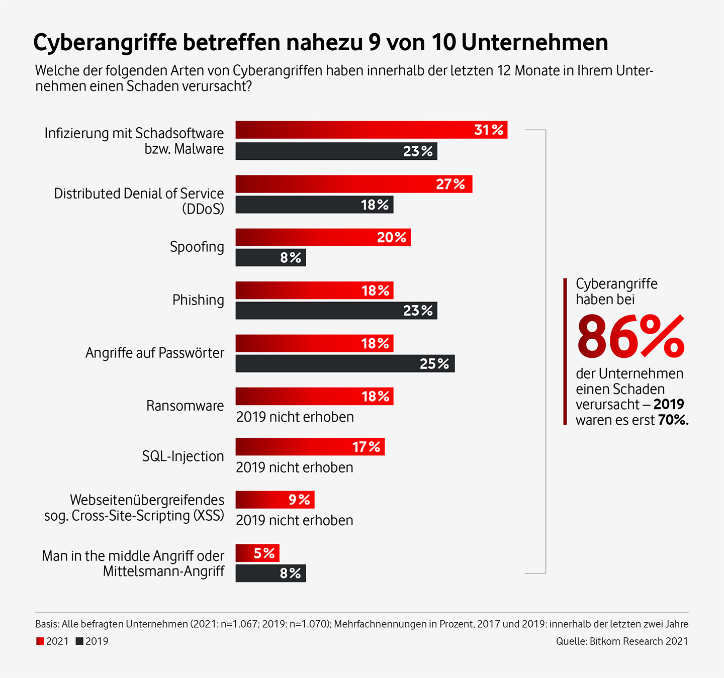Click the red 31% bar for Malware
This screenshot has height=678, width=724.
coord(371,130)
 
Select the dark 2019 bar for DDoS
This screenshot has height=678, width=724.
coord(314,205)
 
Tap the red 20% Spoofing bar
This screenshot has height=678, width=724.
coord(323,237)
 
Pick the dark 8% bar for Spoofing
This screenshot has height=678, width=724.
coord(270,258)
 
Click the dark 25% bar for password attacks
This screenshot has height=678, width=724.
coord(345,363)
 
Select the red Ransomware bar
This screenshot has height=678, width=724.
coord(314,397)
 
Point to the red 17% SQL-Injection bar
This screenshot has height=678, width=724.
coord(310,447)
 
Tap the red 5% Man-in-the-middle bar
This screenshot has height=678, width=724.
coord(257,553)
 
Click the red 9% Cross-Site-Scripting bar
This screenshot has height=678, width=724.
coord(275,500)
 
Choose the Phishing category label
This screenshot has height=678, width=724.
coord(198,300)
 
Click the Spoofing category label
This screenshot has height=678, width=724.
coord(197,247)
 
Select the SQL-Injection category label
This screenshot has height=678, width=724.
coord(183,456)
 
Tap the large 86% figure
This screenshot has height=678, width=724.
coord(630,336)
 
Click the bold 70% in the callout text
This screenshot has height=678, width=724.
coord(673,420)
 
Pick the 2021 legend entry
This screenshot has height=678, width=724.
coord(52,641)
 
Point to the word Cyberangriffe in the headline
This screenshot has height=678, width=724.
coord(105,43)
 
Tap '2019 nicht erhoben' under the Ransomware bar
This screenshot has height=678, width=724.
coord(295,417)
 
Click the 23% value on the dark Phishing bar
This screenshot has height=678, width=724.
coord(418,311)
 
